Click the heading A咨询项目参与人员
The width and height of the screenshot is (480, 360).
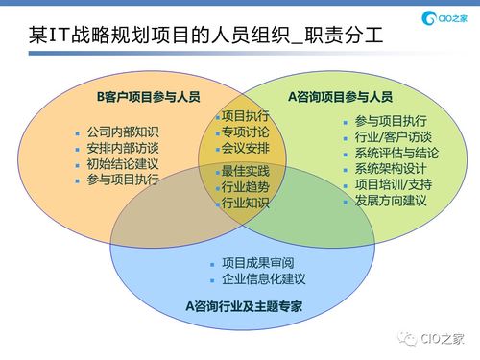click(341, 97)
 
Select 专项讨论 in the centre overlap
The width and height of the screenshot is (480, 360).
click(245, 132)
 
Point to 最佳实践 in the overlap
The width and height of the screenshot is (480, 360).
click(245, 171)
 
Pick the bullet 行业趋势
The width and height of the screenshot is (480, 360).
click(245, 186)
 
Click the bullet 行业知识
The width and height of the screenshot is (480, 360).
click(245, 203)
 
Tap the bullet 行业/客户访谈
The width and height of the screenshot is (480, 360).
click(394, 136)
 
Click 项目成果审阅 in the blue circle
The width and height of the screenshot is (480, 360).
click(257, 263)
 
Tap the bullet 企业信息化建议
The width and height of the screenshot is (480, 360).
click(263, 279)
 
